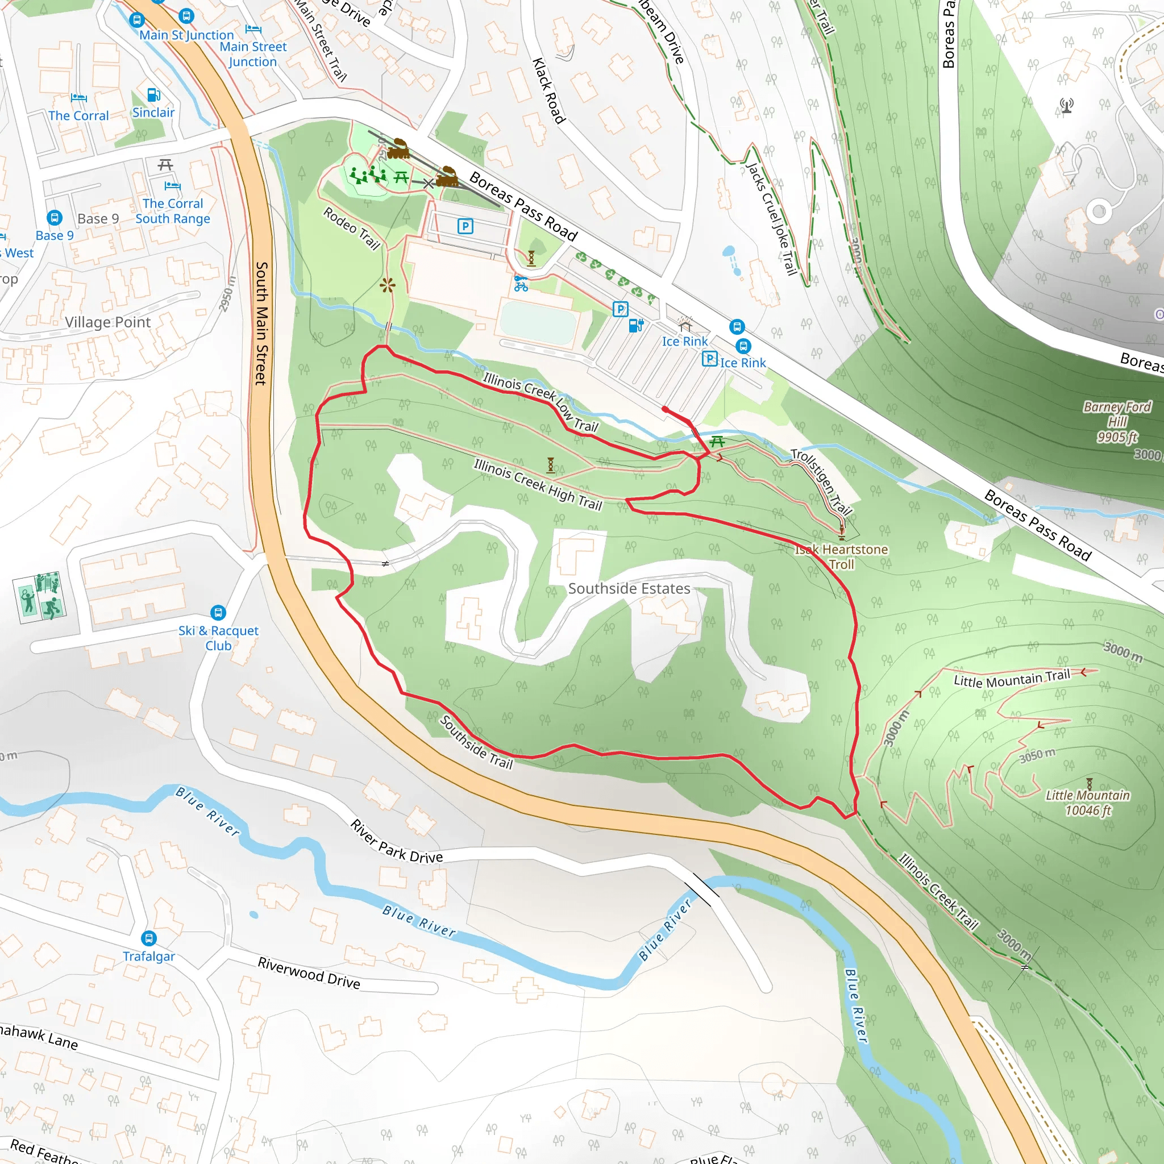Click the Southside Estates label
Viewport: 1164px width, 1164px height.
(x=629, y=589)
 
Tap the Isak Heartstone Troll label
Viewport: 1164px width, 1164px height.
(x=841, y=556)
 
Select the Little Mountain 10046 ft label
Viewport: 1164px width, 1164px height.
(x=1087, y=803)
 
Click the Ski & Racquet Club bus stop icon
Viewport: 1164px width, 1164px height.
(x=218, y=613)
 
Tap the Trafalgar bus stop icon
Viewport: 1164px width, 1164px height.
(x=149, y=938)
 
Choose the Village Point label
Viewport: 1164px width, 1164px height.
(x=107, y=322)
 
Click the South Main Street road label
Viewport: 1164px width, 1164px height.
(x=261, y=323)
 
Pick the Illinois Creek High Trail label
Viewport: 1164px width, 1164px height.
(x=538, y=484)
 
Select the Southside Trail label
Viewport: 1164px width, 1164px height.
(x=476, y=742)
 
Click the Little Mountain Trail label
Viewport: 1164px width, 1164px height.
(x=1012, y=680)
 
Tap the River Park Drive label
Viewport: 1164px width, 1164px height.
(x=397, y=841)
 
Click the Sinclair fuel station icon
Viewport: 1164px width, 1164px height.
(x=153, y=95)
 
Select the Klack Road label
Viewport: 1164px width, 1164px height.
(x=549, y=91)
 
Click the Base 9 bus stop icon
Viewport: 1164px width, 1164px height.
(x=54, y=218)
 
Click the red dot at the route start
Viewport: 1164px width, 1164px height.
(x=664, y=409)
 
